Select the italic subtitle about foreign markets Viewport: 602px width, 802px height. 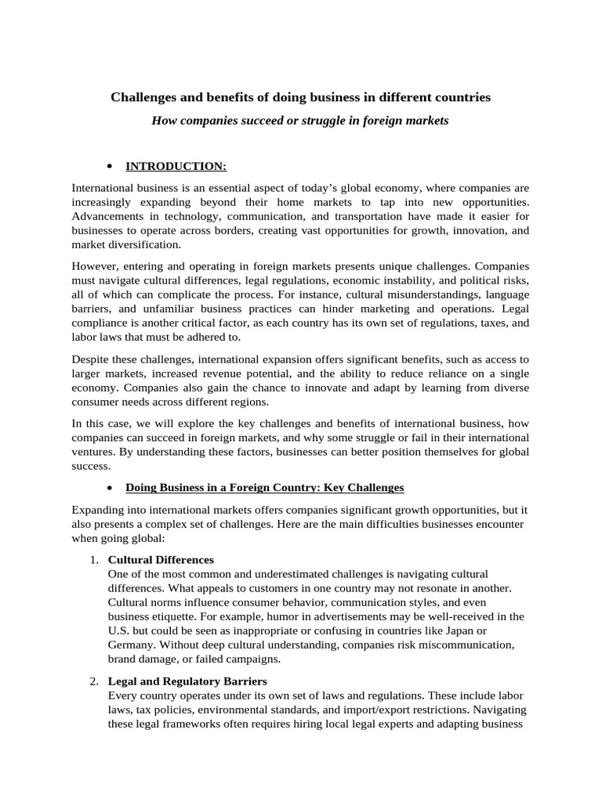300,122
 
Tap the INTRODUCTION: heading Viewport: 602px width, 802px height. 176,166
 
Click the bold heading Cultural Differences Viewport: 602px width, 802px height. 160,560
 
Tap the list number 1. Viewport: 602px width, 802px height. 93,560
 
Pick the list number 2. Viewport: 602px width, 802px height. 93,681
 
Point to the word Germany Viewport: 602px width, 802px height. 132,645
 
